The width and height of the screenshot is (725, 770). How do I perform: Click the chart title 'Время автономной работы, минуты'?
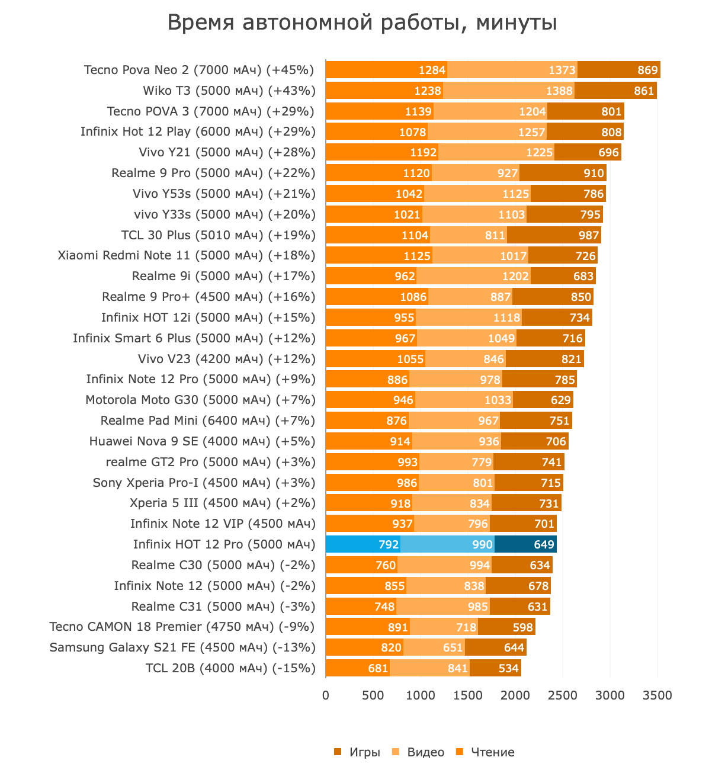pyautogui.click(x=362, y=23)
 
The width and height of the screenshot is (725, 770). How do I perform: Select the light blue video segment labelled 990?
pyautogui.click(x=447, y=544)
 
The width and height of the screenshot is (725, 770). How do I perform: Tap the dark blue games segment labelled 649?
pyautogui.click(x=525, y=544)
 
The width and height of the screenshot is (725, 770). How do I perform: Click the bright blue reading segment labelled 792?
pyautogui.click(x=363, y=544)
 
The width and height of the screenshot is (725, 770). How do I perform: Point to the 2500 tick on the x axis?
pyautogui.click(x=563, y=695)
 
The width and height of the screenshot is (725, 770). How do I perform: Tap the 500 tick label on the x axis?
pyautogui.click(x=373, y=695)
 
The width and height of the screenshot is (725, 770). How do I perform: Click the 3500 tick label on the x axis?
pyautogui.click(x=657, y=695)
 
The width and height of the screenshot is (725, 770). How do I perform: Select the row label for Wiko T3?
pyautogui.click(x=229, y=91)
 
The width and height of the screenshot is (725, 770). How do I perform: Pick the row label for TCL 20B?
pyautogui.click(x=230, y=668)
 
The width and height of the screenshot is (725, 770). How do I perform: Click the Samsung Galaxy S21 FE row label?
pyautogui.click(x=182, y=647)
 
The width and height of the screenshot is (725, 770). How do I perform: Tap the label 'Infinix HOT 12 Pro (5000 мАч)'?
pyautogui.click(x=224, y=544)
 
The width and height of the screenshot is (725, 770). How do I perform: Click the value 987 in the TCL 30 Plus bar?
pyautogui.click(x=589, y=235)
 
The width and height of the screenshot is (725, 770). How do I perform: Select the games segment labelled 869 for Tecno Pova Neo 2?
pyautogui.click(x=619, y=70)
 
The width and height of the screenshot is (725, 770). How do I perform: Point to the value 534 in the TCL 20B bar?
pyautogui.click(x=508, y=668)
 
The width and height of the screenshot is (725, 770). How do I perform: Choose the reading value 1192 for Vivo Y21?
pyautogui.click(x=423, y=152)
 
